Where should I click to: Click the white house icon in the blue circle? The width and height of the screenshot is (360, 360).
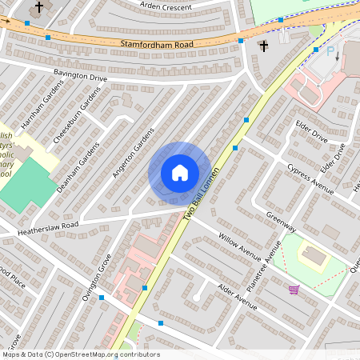[180, 172]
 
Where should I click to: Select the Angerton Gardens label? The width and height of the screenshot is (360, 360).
[132, 155]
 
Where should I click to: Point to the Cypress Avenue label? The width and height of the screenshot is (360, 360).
[310, 178]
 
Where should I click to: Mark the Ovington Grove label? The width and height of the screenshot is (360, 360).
[98, 274]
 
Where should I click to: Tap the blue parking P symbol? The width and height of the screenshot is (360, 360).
[331, 50]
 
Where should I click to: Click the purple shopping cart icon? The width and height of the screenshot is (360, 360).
[294, 289]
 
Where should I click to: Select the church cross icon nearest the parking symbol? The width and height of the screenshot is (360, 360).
[263, 46]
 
